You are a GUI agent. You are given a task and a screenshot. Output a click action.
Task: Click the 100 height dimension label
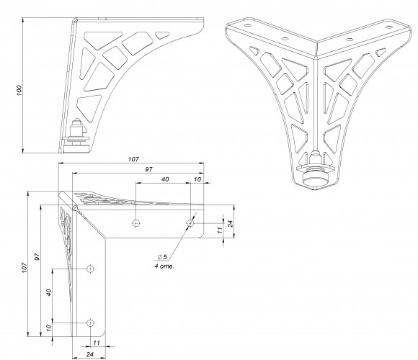point(19,91)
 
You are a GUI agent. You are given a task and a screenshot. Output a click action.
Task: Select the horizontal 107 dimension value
point(133,159)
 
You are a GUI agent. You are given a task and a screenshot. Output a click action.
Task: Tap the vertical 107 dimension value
point(25,268)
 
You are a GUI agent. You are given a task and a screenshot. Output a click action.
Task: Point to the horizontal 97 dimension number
point(148,169)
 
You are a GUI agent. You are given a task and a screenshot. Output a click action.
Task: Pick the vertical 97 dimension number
point(37,257)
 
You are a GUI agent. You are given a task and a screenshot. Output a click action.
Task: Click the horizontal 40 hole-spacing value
point(165,179)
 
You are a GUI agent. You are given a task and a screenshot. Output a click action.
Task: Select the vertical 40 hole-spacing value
point(48,292)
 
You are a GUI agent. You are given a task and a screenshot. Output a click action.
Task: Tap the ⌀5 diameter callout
point(162,257)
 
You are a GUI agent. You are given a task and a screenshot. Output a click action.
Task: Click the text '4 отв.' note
point(164,266)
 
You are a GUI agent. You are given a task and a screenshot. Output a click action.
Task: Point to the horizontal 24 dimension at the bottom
point(90,354)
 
